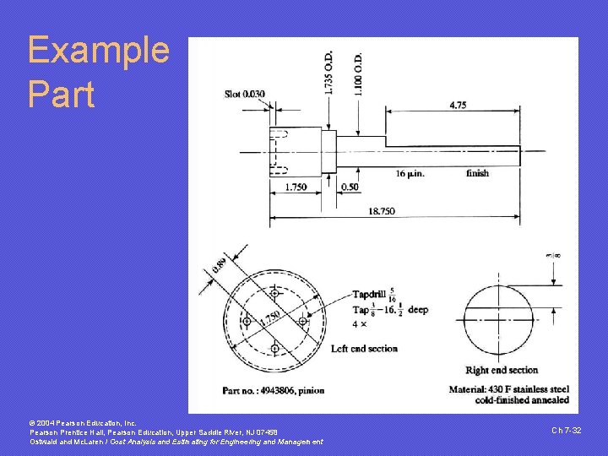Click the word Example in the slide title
click(x=98, y=51)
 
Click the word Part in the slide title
click(x=61, y=94)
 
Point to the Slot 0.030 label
click(x=245, y=93)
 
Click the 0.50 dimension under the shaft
click(x=349, y=187)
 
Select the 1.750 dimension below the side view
click(x=296, y=187)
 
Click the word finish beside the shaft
click(x=477, y=173)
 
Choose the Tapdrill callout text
click(x=372, y=295)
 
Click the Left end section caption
click(x=364, y=348)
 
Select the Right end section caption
click(x=502, y=370)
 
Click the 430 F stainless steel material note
click(x=511, y=389)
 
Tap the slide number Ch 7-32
click(x=566, y=431)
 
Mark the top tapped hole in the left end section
click(x=274, y=293)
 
